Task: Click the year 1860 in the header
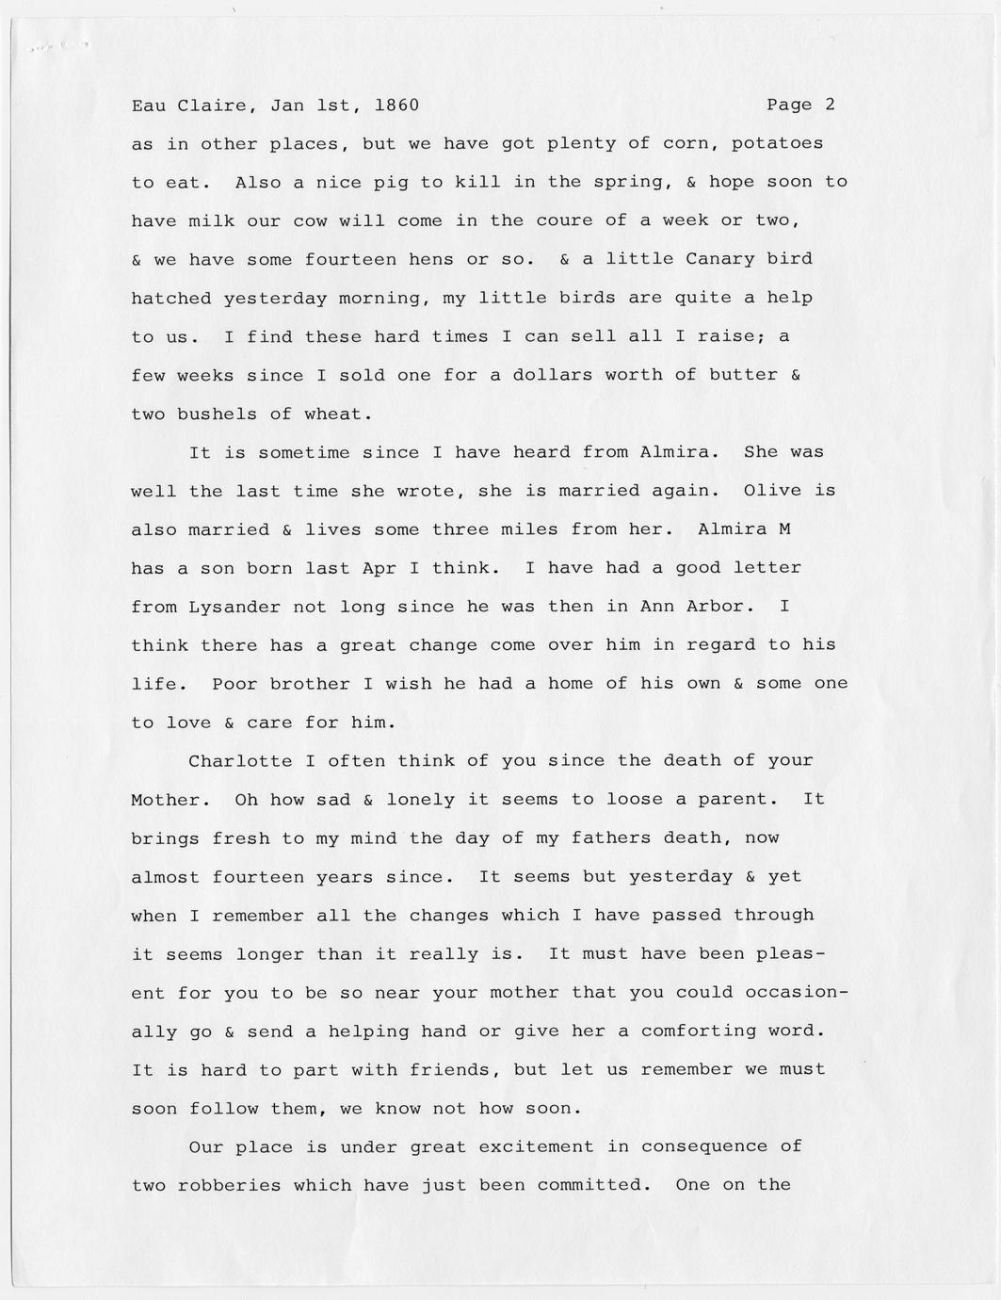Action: tap(396, 105)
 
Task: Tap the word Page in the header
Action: tap(789, 105)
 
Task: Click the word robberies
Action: tap(229, 1185)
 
